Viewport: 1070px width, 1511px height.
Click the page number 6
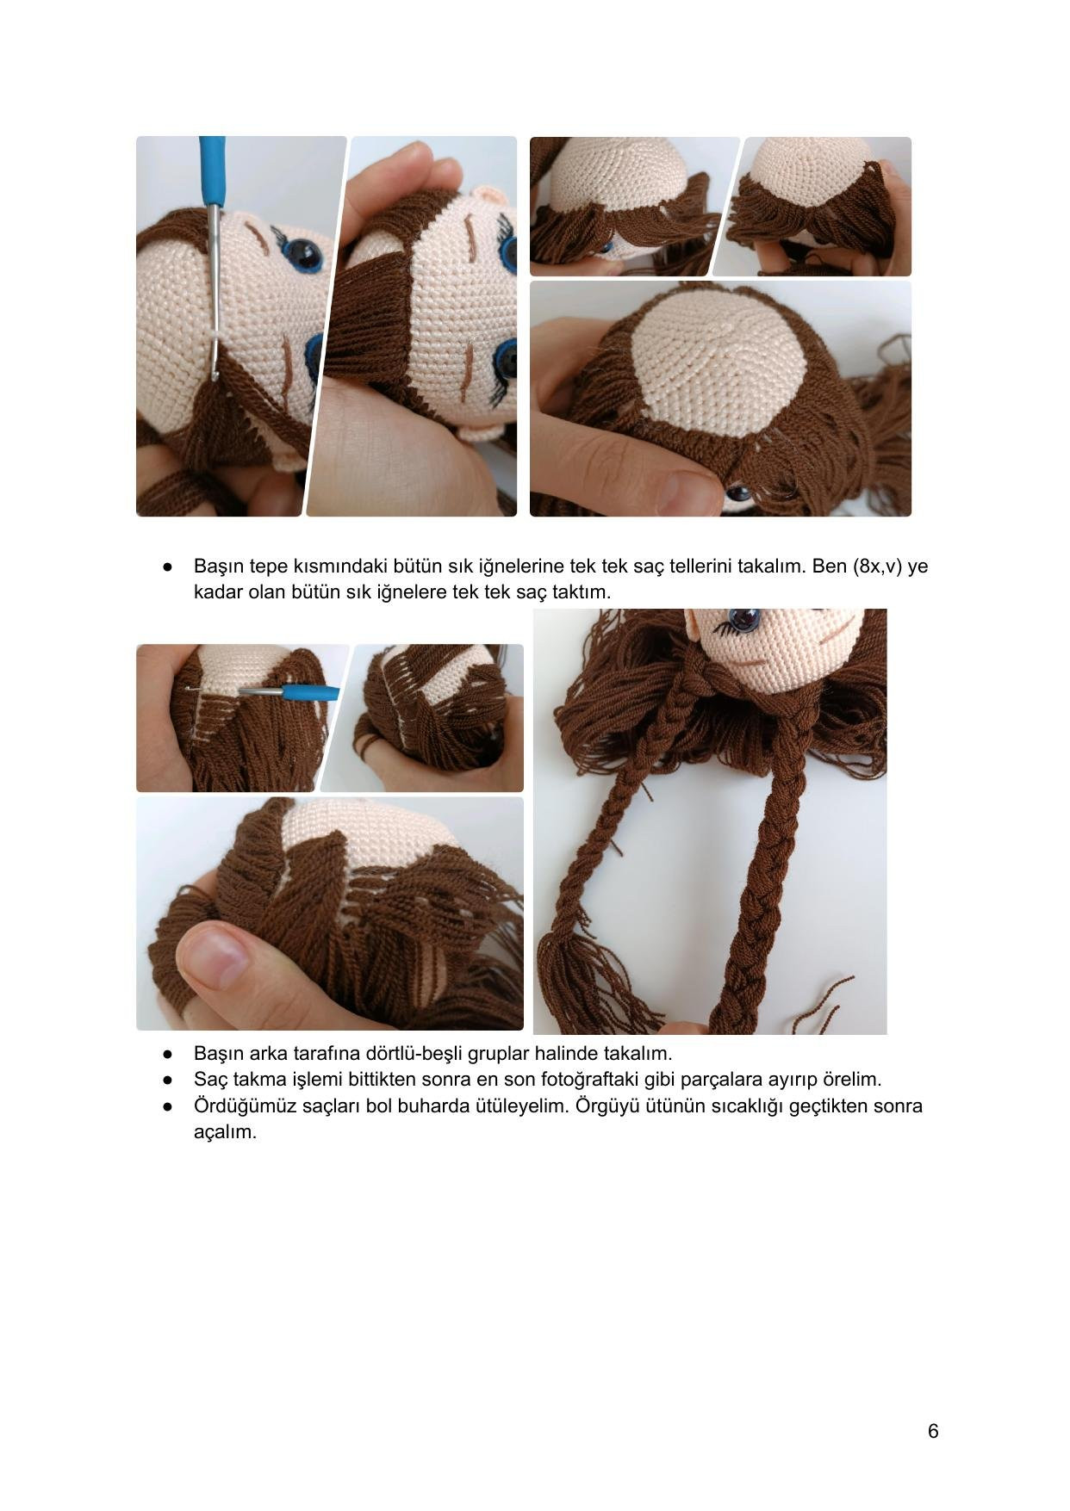(933, 1431)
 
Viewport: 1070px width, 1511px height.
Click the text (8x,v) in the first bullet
(878, 567)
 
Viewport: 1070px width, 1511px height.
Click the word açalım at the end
(225, 1132)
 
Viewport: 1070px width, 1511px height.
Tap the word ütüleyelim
(522, 1105)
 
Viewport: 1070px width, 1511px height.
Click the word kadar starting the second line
(217, 592)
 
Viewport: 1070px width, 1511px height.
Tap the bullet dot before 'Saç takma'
(168, 1080)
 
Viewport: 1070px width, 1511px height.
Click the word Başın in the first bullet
(219, 567)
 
